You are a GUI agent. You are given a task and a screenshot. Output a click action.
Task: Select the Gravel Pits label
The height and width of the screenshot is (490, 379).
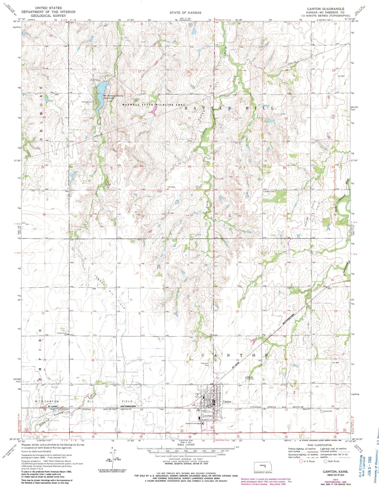tap(108, 184)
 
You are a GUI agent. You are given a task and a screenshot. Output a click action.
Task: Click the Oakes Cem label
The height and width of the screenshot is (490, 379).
tap(269, 191)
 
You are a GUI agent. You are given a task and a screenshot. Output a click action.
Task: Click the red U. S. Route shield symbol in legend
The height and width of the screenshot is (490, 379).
tap(301, 461)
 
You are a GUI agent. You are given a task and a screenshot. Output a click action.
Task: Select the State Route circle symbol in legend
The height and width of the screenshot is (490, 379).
tap(325, 461)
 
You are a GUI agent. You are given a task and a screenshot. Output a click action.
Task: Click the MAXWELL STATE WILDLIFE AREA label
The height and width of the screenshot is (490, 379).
tap(154, 105)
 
